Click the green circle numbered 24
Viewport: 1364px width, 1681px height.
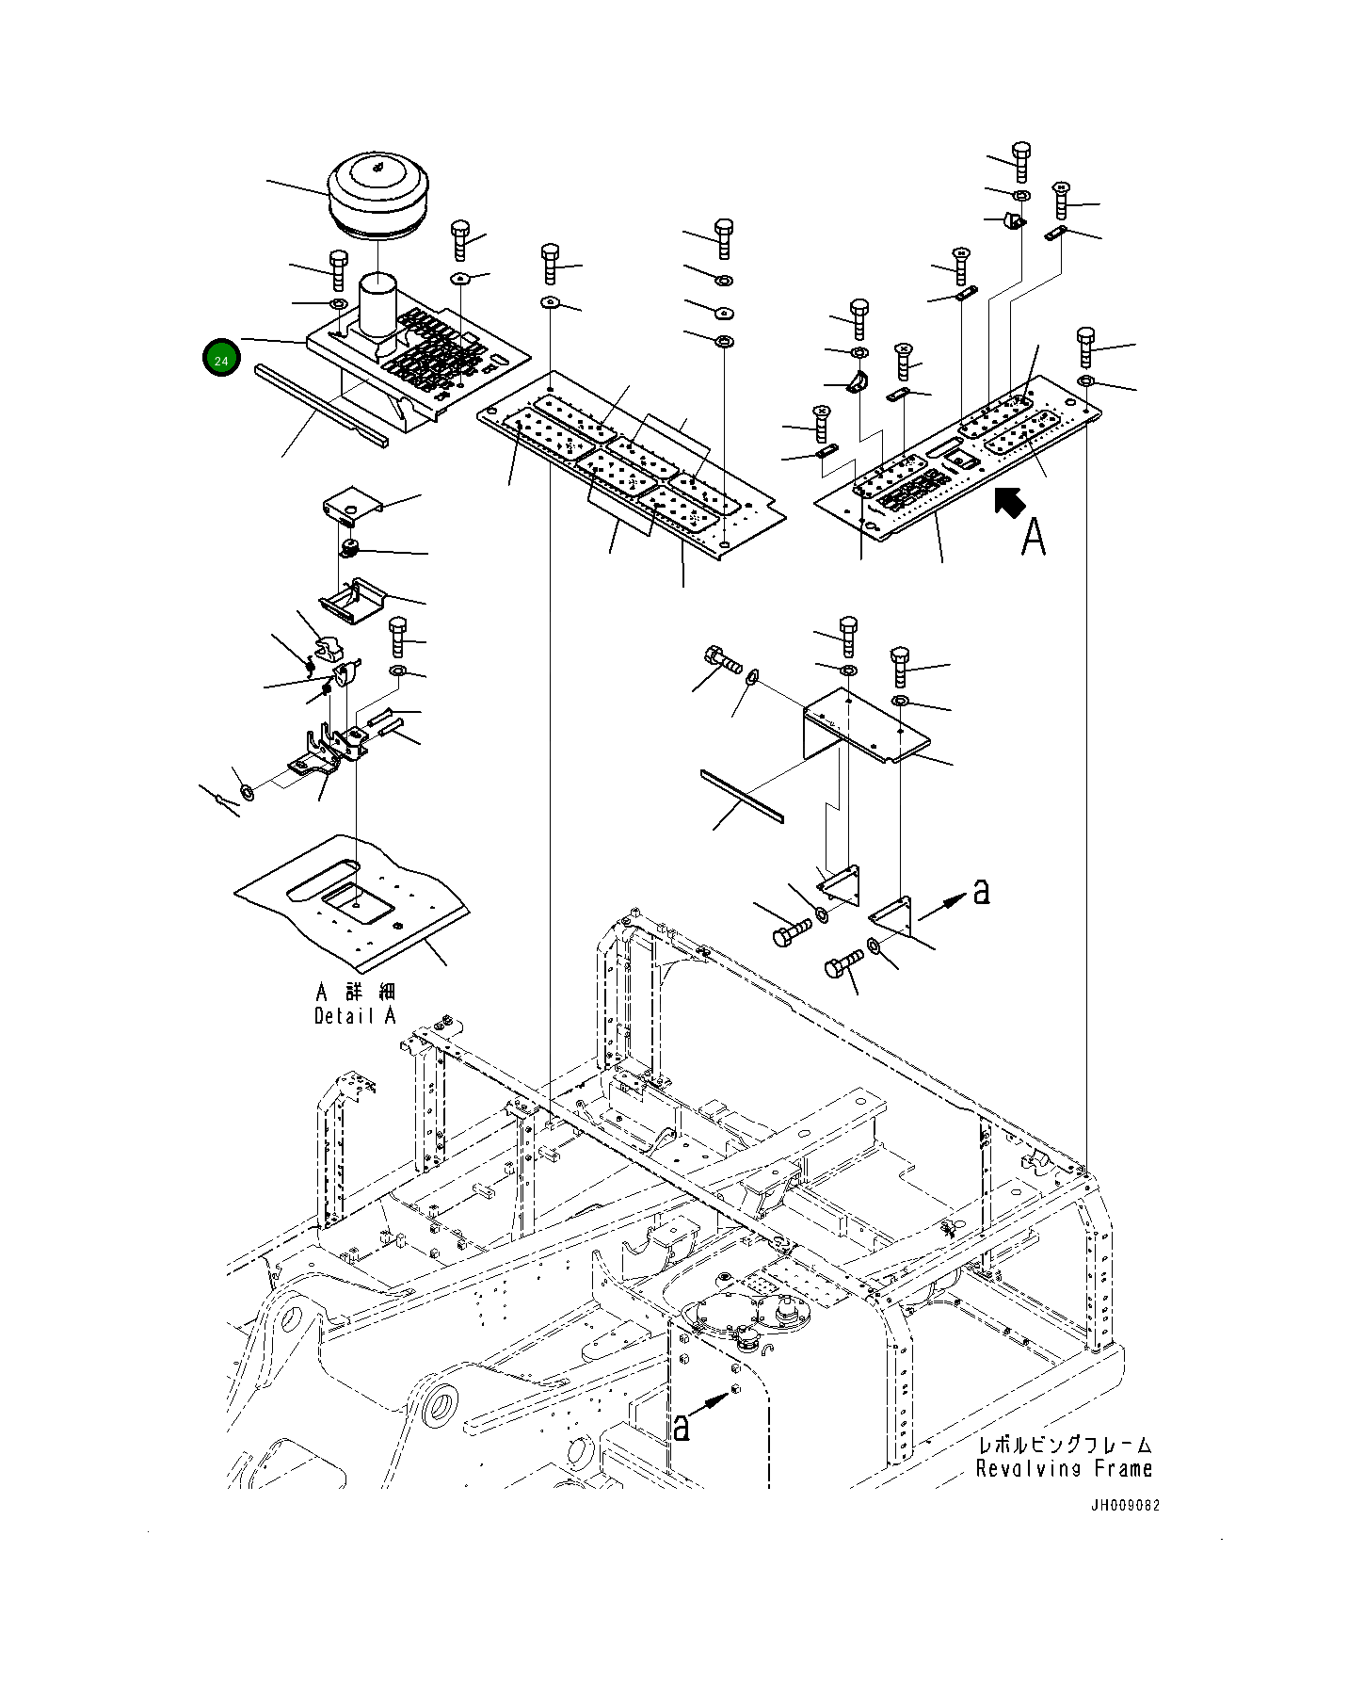click(221, 359)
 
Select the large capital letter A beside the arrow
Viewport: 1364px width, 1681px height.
click(1034, 537)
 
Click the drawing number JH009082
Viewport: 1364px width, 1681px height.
click(1125, 1505)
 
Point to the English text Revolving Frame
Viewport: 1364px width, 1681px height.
click(1064, 1468)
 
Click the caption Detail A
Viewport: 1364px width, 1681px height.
click(355, 1016)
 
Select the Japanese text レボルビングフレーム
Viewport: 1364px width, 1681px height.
click(1065, 1445)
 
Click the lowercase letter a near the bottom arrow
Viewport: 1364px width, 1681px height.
click(682, 1428)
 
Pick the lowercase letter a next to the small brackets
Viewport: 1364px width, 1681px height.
click(981, 891)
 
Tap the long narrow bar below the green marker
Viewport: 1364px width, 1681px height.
click(320, 407)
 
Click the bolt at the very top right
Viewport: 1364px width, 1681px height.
click(1020, 161)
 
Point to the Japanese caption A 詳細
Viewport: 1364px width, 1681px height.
click(356, 992)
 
